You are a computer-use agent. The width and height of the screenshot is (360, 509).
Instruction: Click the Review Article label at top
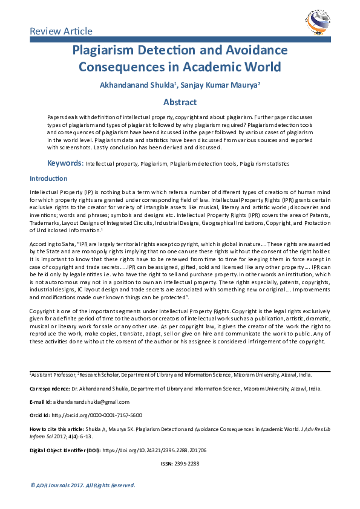pyautogui.click(x=61, y=31)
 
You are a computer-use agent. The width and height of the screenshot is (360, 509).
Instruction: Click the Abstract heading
pyautogui.click(x=180, y=102)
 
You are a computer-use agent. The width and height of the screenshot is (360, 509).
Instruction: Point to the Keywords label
pyautogui.click(x=64, y=163)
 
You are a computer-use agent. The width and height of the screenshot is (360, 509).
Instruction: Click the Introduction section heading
pyautogui.click(x=48, y=178)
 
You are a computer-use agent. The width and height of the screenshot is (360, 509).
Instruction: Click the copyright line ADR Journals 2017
pyautogui.click(x=83, y=485)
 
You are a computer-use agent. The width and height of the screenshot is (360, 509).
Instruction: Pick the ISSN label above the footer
pyautogui.click(x=166, y=463)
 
